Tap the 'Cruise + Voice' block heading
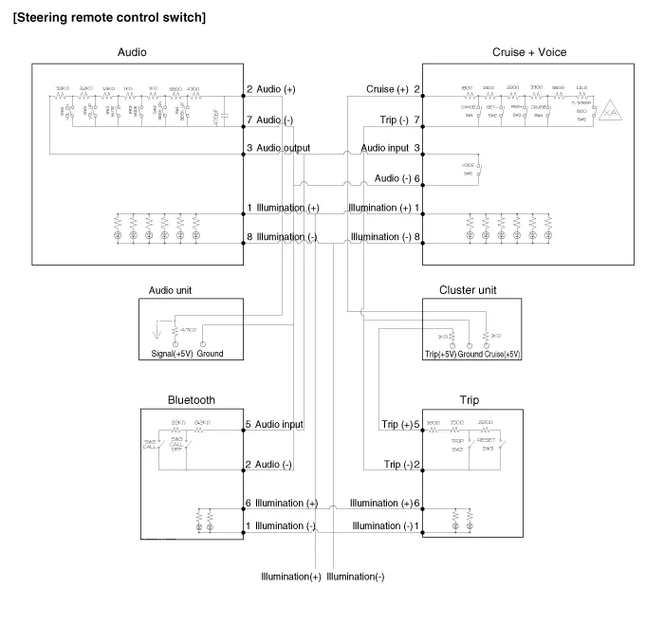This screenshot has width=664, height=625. tap(529, 52)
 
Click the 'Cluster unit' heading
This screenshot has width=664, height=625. tap(469, 289)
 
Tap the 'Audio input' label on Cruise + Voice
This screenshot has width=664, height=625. tap(386, 149)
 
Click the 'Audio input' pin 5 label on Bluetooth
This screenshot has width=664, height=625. tap(279, 424)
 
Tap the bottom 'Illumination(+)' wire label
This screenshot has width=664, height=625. tap(291, 576)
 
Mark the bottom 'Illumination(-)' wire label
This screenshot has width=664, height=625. tap(356, 576)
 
